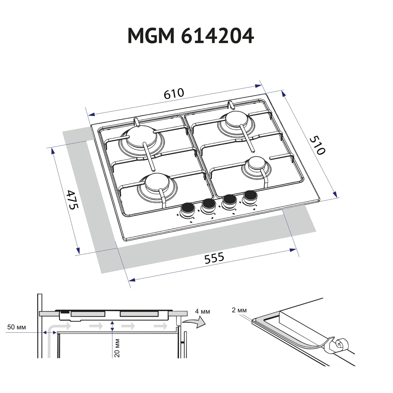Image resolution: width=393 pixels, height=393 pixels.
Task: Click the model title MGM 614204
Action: pos(190,36)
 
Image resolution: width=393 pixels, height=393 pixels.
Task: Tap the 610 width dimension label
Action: pos(174,94)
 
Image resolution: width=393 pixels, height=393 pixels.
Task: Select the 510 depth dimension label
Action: pos(317,145)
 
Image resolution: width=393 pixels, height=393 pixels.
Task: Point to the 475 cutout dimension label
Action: pos(72,199)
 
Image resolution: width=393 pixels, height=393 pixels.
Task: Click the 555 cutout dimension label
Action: pos(214,258)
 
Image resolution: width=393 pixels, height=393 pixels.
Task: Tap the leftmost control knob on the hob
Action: pos(188,208)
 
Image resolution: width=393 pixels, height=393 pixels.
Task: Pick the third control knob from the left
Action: pos(230,200)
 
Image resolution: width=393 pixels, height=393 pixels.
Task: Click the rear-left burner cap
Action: pos(139,136)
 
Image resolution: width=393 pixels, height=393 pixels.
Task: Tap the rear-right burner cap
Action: pos(236,119)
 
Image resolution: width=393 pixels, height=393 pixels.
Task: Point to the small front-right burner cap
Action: pos(255,164)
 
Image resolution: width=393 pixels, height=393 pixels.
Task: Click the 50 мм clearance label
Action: pos(17,327)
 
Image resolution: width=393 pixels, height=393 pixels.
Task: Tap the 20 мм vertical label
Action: pos(117,348)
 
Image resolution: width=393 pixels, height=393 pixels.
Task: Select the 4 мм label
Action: pos(202,311)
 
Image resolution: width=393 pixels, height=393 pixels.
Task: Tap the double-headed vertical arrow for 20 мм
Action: pos(112,327)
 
